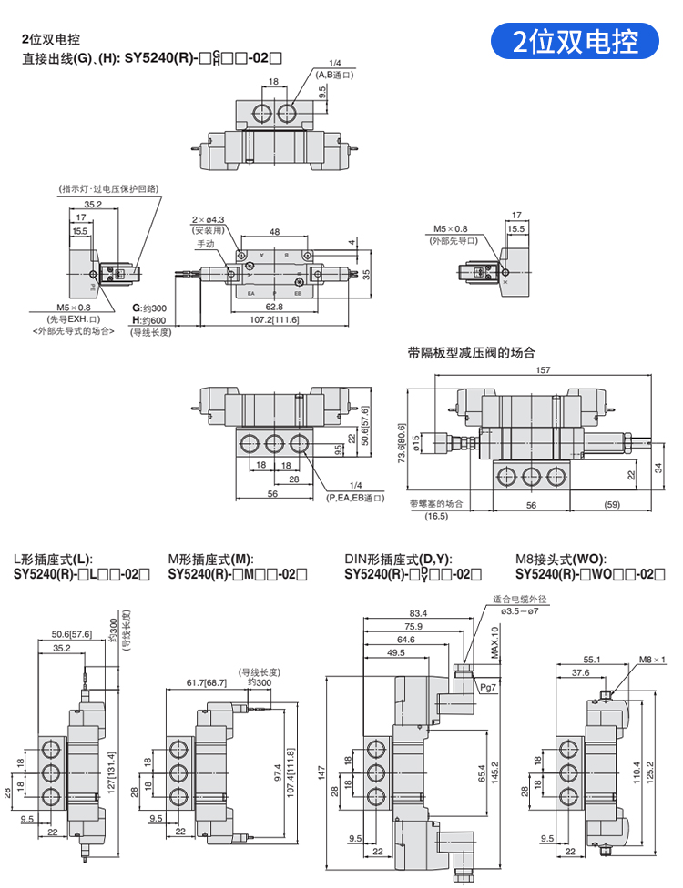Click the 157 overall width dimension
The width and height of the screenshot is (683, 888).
[543, 370]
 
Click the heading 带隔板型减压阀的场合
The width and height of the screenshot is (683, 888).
[472, 353]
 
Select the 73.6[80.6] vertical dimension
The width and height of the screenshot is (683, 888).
[400, 442]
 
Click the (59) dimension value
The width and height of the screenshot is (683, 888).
[612, 503]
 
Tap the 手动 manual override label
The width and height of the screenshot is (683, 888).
[206, 245]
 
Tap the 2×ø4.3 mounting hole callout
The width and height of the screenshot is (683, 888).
[209, 219]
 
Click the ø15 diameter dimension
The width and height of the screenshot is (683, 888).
[418, 442]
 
